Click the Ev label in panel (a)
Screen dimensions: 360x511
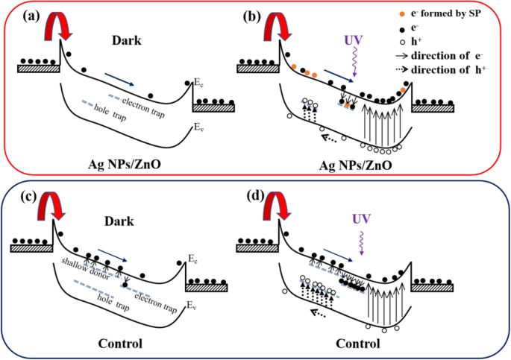click(x=196, y=128)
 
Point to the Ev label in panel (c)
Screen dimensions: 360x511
click(x=191, y=306)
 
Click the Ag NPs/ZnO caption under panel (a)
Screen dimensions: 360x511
click(x=115, y=163)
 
